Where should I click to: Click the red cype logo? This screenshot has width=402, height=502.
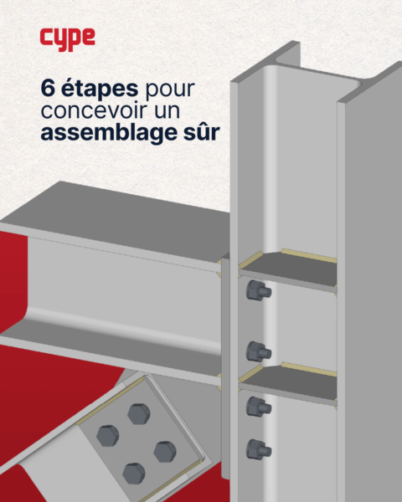(x=67, y=38)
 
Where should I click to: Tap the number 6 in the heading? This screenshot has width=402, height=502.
(x=48, y=89)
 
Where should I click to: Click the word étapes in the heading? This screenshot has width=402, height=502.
(x=100, y=89)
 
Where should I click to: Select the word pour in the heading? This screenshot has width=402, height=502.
(x=170, y=90)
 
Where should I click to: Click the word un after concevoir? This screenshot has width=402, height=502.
(x=167, y=112)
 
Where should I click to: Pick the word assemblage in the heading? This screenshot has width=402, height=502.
(x=109, y=134)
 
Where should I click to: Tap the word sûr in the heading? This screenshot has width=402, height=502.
(x=202, y=132)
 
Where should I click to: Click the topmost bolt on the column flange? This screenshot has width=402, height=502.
(x=259, y=290)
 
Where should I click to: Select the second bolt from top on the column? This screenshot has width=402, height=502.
(x=259, y=352)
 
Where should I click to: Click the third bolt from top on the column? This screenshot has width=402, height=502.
(x=259, y=407)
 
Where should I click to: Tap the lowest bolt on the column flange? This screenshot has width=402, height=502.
(x=259, y=449)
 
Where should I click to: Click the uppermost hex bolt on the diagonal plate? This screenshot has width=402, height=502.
(x=139, y=414)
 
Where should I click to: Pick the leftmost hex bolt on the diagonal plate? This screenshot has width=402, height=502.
(x=108, y=436)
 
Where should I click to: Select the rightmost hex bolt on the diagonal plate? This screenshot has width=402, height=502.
(x=165, y=452)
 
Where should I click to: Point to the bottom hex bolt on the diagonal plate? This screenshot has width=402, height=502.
(x=134, y=474)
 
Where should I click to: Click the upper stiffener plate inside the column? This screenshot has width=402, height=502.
(x=288, y=269)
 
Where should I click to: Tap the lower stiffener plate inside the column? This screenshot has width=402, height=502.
(x=288, y=383)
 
